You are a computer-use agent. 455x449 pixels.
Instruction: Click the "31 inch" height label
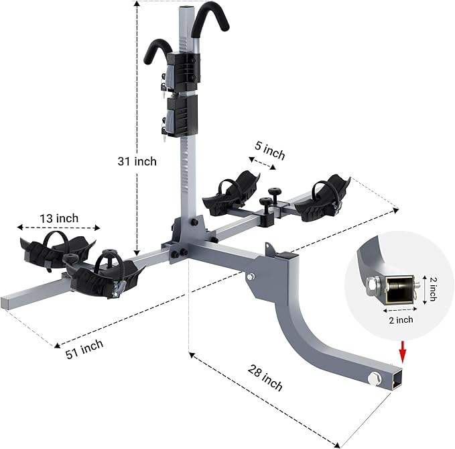pos(137,161)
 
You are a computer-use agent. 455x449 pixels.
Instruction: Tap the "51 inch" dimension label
pos(84,349)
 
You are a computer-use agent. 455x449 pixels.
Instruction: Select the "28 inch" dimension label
pos(265,378)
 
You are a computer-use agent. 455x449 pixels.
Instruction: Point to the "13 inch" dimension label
pos(59,218)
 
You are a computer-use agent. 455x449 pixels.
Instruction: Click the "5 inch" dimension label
pos(270,150)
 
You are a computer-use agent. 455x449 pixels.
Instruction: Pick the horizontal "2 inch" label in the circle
pos(401,320)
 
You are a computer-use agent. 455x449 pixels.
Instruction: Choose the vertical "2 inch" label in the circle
pos(432,289)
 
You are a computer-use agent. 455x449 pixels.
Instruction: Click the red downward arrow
pos(403,352)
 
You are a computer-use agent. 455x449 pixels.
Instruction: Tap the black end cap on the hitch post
pos(287,256)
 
